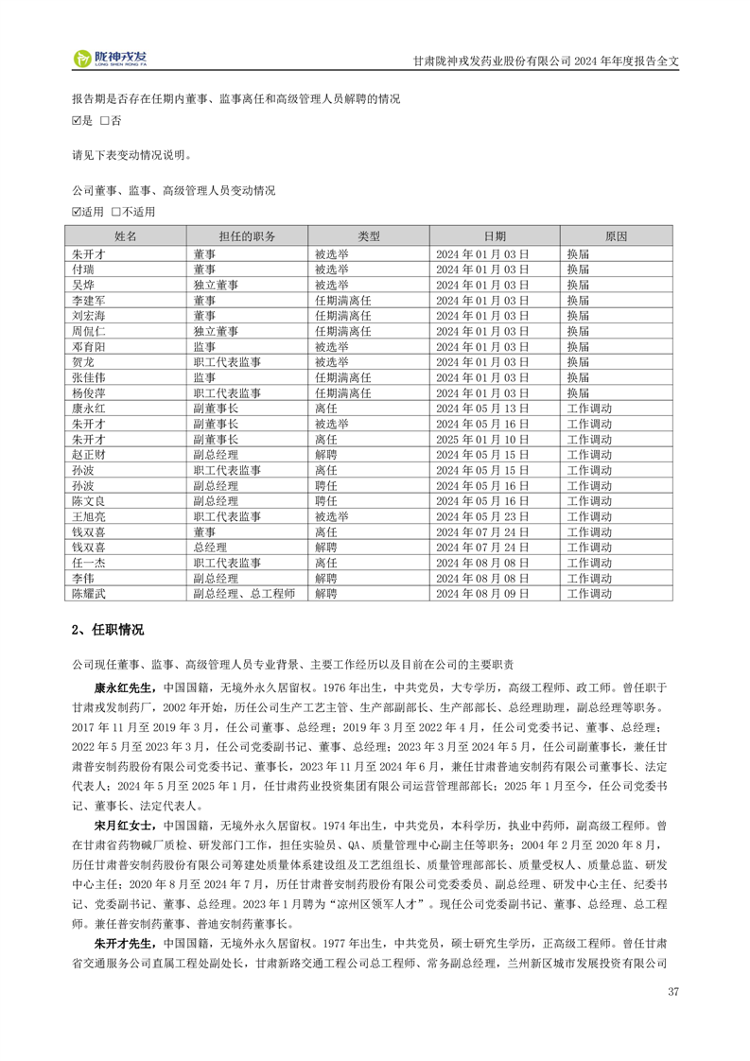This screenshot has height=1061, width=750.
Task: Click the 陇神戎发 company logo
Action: pos(111,59)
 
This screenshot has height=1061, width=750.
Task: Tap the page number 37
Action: pos(672,992)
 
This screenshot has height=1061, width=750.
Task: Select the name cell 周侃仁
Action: pos(89,332)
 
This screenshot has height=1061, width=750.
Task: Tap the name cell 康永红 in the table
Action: pos(89,409)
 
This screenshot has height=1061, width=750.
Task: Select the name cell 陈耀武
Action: pos(89,594)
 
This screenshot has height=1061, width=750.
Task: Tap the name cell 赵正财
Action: pos(89,455)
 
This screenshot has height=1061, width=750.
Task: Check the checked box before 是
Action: pos(77,121)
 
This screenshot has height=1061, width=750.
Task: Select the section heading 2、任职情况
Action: pos(108,630)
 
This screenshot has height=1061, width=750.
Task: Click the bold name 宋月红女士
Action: pos(128,822)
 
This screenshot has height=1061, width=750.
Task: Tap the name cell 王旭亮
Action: pos(89,517)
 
